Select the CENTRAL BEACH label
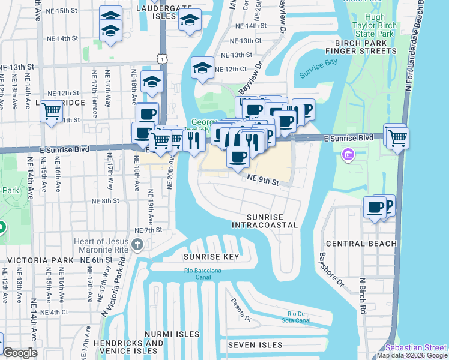tap(361, 244)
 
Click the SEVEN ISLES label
tap(255, 345)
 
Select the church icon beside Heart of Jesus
tap(137, 244)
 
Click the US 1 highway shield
tap(161, 57)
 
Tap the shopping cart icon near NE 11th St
tap(52, 110)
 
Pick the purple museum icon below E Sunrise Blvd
tap(347, 156)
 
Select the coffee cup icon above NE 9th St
tap(238, 157)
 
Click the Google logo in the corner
tap(20, 353)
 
